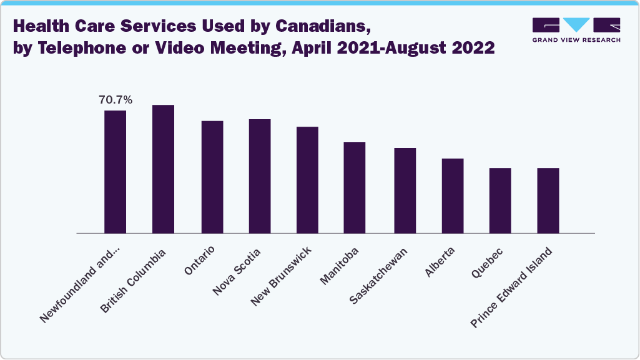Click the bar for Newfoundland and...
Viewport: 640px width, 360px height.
pyautogui.click(x=115, y=172)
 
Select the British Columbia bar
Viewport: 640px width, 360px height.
pyautogui.click(x=163, y=168)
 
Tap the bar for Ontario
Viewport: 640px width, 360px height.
pyautogui.click(x=212, y=177)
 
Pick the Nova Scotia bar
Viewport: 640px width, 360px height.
pyautogui.click(x=260, y=176)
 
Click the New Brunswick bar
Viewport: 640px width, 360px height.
pyautogui.click(x=307, y=180)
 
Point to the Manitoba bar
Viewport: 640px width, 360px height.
pyautogui.click(x=355, y=187)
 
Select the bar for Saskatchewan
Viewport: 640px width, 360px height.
pyautogui.click(x=405, y=190)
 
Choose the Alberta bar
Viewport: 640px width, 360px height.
pyautogui.click(x=453, y=195)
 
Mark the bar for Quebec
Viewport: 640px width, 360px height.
pyautogui.click(x=500, y=200)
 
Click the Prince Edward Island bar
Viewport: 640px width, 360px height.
pyautogui.click(x=548, y=200)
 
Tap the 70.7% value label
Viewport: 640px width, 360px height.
pyautogui.click(x=115, y=99)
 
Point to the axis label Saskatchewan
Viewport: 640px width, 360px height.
pyautogui.click(x=379, y=275)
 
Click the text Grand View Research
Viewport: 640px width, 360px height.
pyautogui.click(x=576, y=40)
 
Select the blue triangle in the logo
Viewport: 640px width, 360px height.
pyautogui.click(x=576, y=24)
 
